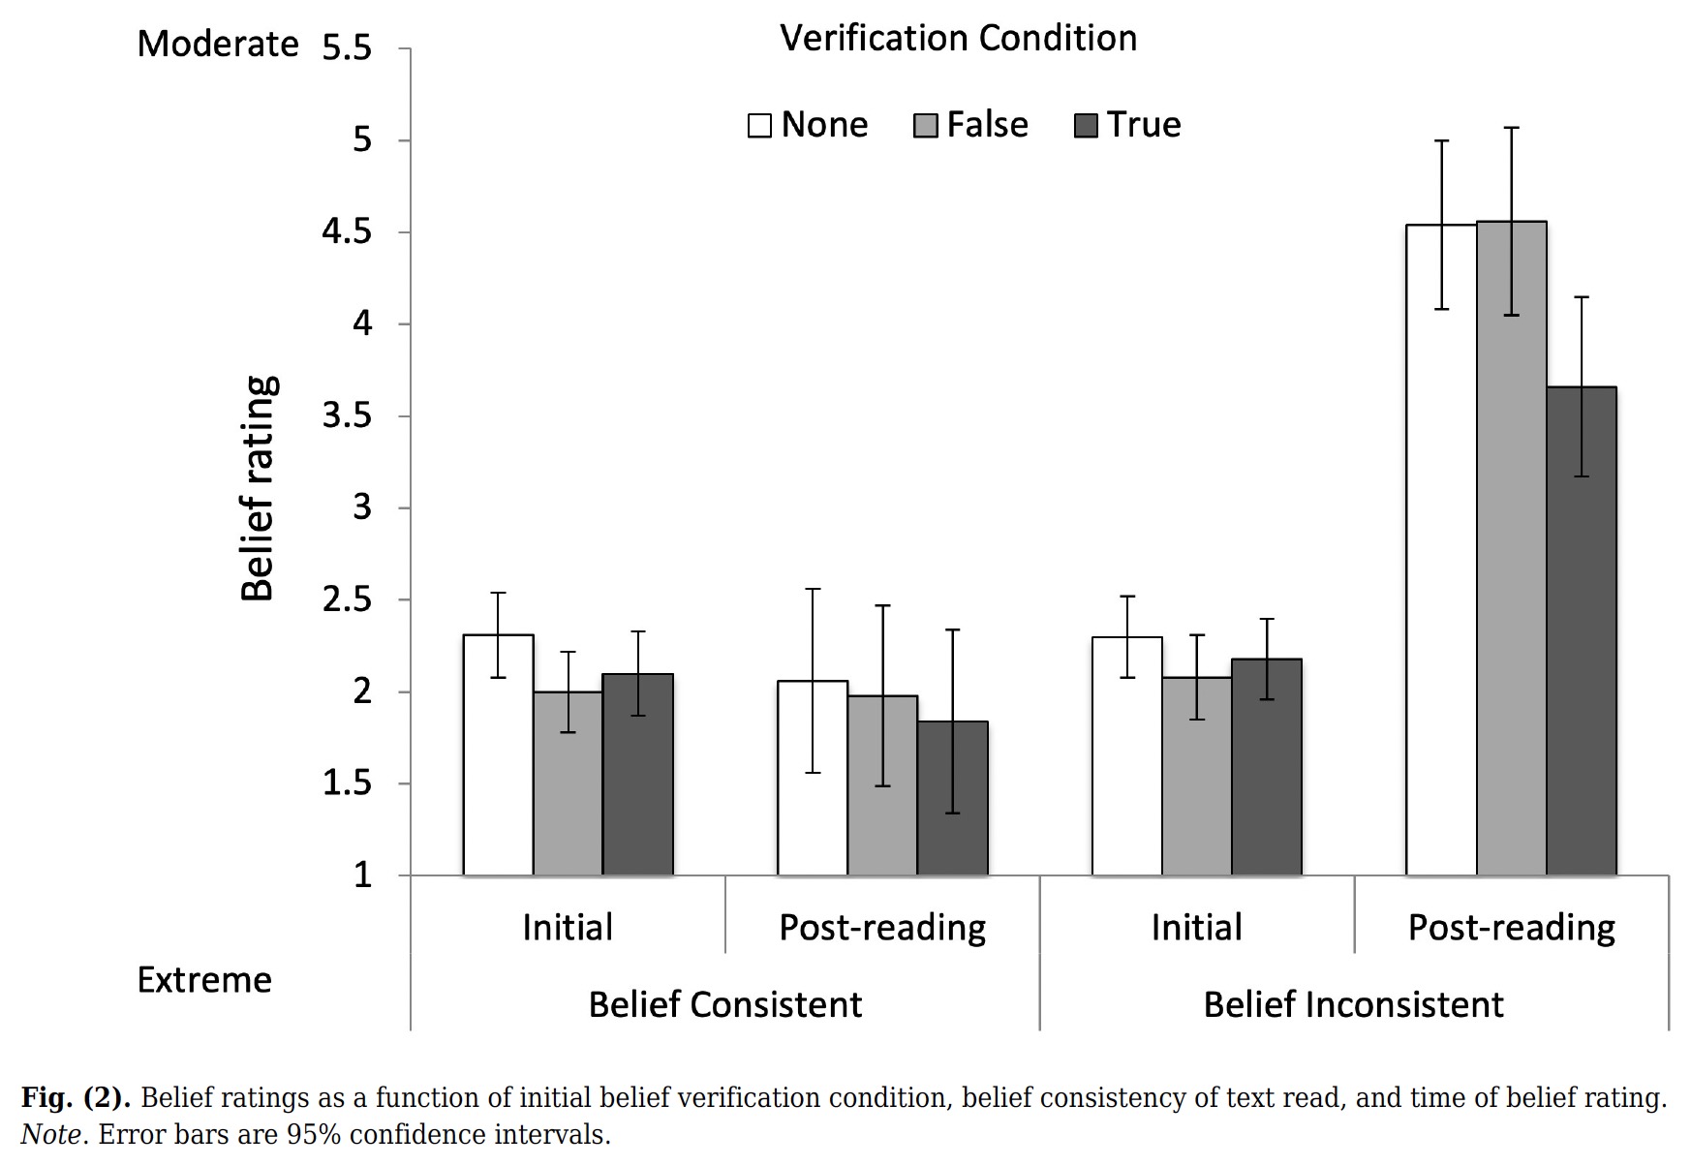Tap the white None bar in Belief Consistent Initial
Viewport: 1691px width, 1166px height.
point(498,755)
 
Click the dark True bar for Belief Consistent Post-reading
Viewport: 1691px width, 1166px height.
point(952,798)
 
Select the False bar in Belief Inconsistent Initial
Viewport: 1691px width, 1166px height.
point(1197,776)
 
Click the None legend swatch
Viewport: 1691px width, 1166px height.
point(759,126)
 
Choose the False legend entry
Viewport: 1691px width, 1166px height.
point(971,125)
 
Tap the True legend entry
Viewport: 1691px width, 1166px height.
point(1129,125)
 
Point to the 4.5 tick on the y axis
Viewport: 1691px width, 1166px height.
point(347,232)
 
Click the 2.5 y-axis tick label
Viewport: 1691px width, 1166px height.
point(347,600)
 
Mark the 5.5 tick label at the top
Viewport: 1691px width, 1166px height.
point(347,48)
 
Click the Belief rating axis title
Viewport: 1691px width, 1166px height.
point(259,488)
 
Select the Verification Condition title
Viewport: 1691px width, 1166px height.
point(958,39)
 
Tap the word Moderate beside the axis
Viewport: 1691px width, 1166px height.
point(218,45)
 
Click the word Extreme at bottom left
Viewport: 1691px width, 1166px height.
point(204,980)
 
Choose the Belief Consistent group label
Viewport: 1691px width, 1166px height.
point(724,1004)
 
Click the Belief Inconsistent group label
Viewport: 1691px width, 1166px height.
point(1353,1004)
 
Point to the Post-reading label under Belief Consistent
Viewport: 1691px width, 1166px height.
point(882,928)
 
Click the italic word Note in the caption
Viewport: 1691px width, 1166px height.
point(50,1134)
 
